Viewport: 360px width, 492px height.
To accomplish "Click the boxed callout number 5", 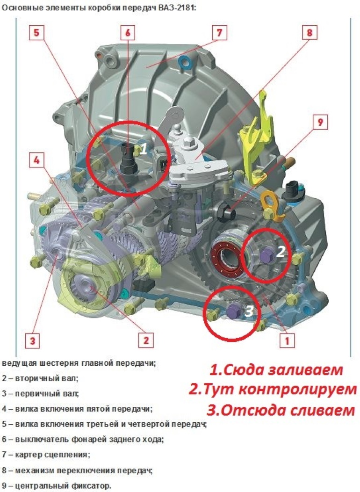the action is [x=36, y=33].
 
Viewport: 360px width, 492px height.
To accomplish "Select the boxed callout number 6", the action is [x=128, y=33].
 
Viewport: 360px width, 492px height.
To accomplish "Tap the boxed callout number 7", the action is [x=219, y=33].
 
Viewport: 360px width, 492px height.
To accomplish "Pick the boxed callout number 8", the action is [x=310, y=33].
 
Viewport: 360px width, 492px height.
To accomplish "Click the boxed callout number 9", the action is [x=320, y=122].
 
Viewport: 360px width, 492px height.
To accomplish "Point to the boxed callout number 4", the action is [x=36, y=160].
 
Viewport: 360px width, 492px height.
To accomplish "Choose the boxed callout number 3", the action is [x=33, y=340].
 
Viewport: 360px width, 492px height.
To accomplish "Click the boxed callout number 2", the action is [x=146, y=340].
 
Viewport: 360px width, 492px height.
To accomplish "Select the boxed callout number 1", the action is [x=287, y=340].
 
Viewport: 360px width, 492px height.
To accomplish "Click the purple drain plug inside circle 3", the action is [x=234, y=311].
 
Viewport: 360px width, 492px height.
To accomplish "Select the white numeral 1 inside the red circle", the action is [x=144, y=149].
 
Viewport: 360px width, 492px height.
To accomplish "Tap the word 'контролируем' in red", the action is [x=297, y=390].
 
